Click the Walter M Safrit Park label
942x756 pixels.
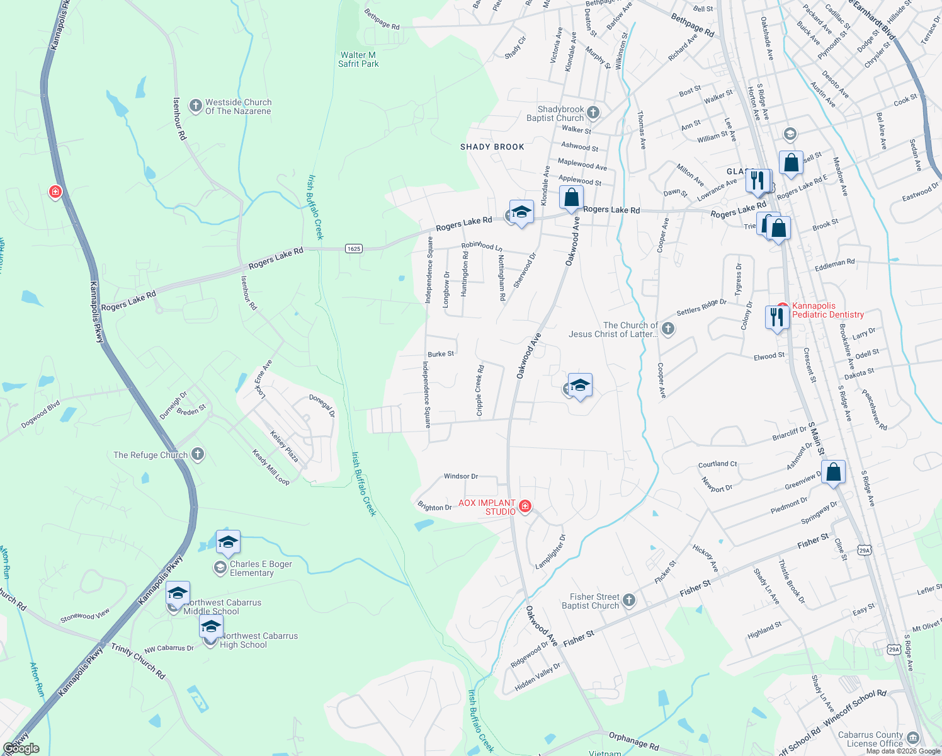358,59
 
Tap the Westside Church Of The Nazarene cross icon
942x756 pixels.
195,105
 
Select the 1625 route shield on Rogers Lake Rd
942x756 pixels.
354,249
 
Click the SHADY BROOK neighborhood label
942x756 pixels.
492,147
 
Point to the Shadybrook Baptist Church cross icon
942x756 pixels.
593,113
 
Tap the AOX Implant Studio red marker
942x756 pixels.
525,506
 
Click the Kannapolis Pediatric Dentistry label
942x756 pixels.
828,310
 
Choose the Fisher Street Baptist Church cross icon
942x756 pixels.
629,600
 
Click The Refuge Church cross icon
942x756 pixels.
198,454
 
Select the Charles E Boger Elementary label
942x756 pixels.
260,568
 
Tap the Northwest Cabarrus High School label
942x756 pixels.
259,640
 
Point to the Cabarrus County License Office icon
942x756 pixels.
913,738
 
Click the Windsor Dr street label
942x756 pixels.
461,476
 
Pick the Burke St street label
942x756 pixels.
441,354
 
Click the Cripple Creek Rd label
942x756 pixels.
480,391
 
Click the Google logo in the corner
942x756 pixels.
21,748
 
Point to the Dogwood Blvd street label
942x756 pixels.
40,414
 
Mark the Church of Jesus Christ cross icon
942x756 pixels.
668,328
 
